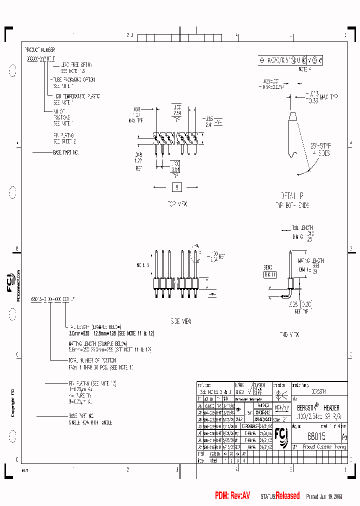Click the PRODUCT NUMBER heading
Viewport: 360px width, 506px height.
(x=39, y=50)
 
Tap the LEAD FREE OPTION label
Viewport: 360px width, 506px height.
(x=76, y=65)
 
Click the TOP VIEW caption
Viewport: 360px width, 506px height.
(x=177, y=204)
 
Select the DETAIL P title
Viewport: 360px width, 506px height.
(x=292, y=194)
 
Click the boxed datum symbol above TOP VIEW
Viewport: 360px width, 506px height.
(x=177, y=187)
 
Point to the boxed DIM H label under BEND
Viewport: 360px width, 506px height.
(x=270, y=274)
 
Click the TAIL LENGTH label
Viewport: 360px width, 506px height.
(x=302, y=227)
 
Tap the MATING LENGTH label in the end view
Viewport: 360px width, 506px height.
(x=311, y=260)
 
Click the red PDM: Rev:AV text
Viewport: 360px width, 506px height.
(x=232, y=495)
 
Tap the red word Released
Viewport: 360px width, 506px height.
(x=287, y=495)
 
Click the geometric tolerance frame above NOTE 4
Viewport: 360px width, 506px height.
(x=290, y=60)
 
